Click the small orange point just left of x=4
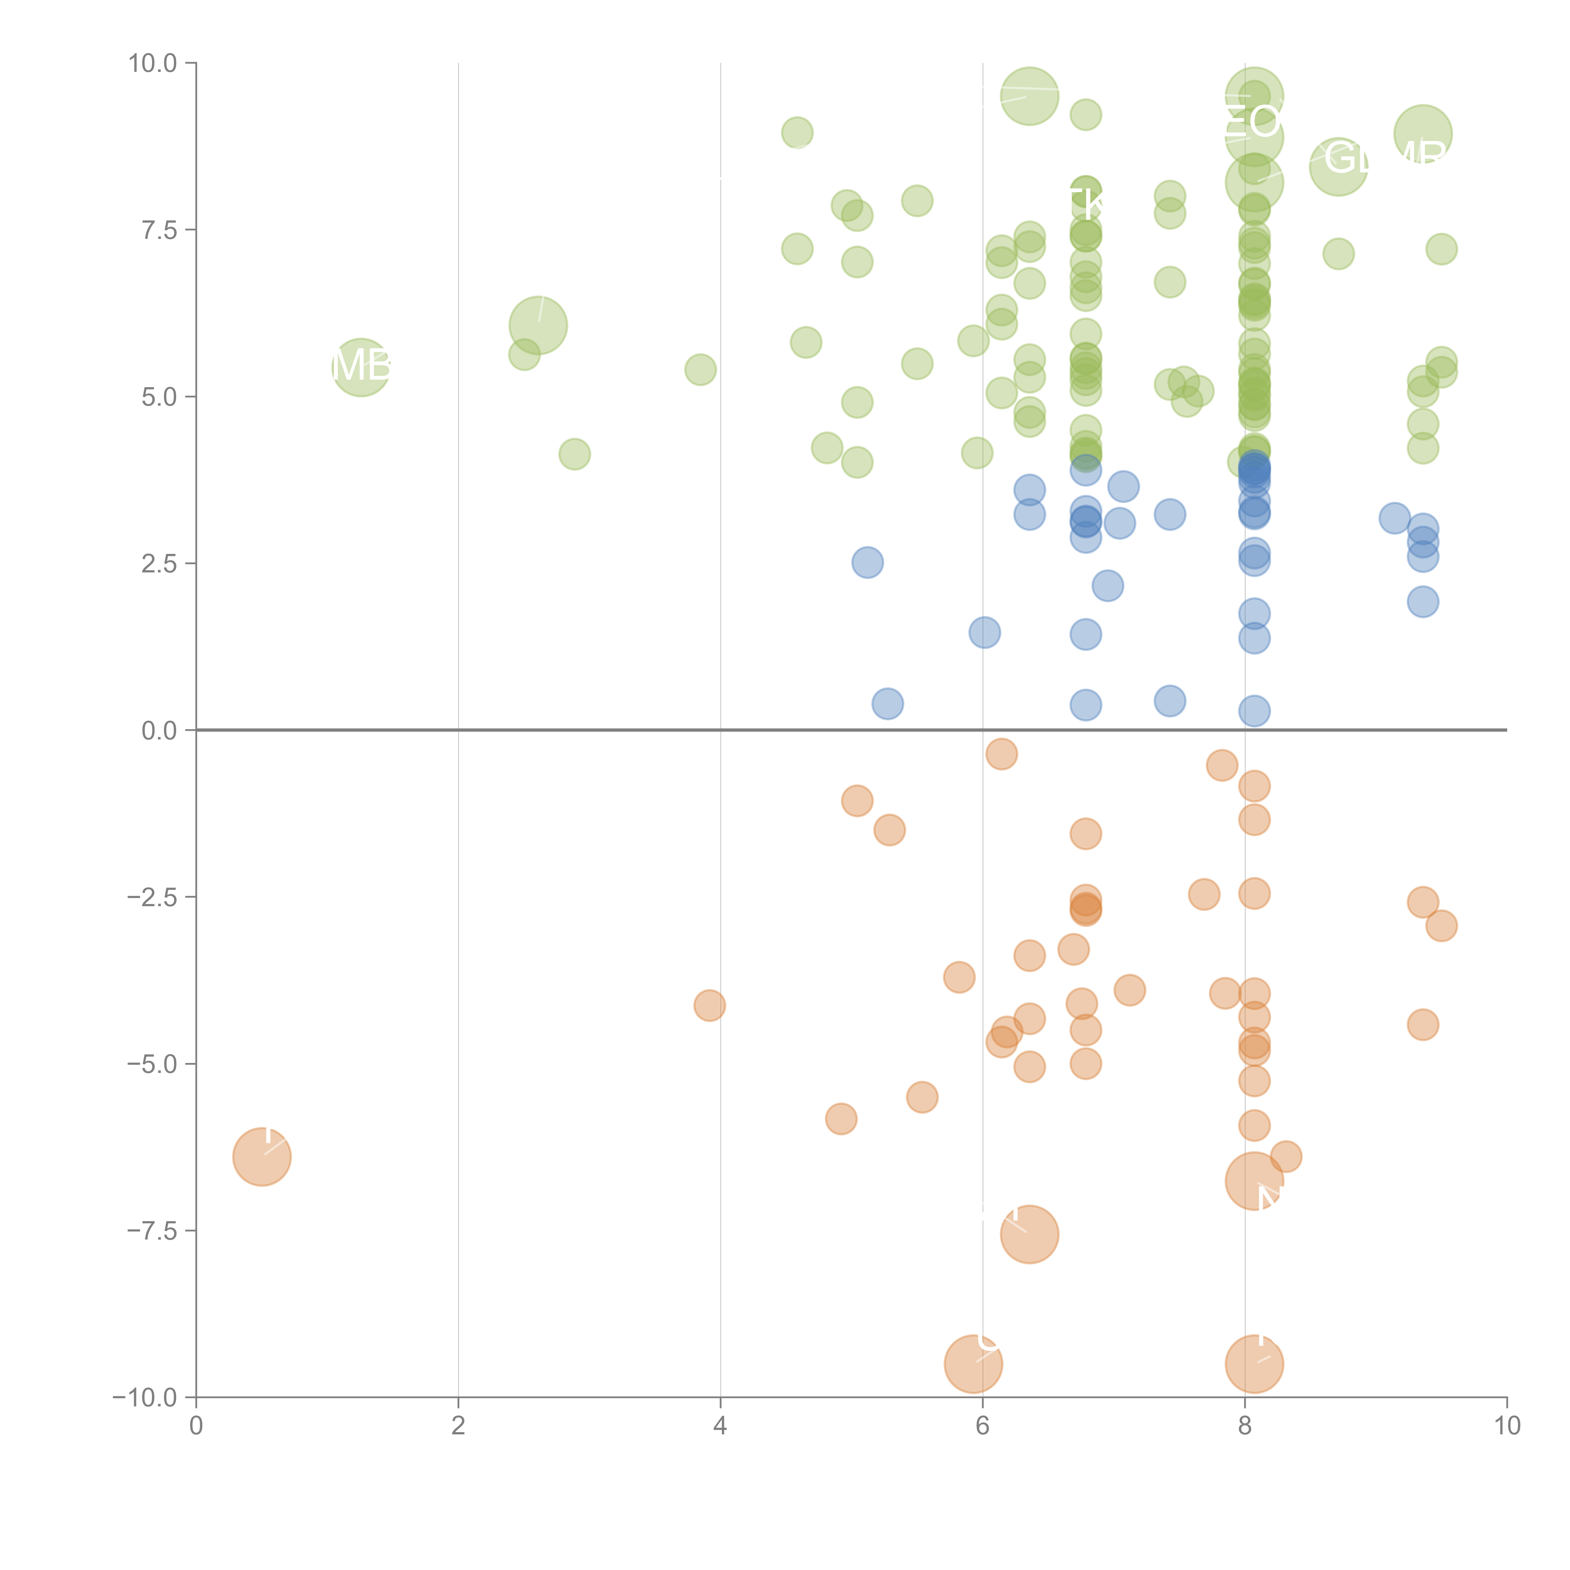point(709,1005)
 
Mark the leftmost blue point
point(867,562)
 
